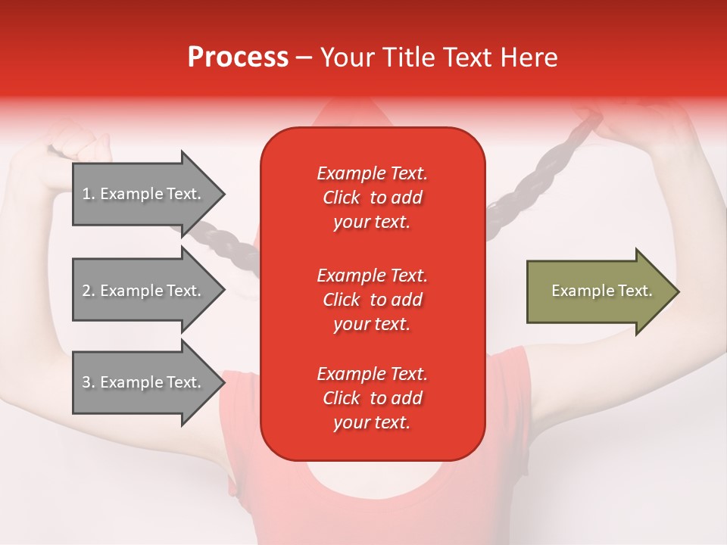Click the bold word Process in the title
click(x=239, y=58)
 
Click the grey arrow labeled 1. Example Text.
click(x=149, y=194)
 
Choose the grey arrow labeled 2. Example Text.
click(x=149, y=290)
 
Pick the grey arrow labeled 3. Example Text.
click(x=149, y=381)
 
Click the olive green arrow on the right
click(x=604, y=291)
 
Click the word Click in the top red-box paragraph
click(x=342, y=198)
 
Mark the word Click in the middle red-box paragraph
click(x=342, y=300)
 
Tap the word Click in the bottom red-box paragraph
click(x=342, y=397)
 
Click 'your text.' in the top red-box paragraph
click(x=372, y=223)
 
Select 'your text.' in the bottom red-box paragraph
click(x=372, y=422)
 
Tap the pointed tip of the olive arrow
click(x=679, y=291)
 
